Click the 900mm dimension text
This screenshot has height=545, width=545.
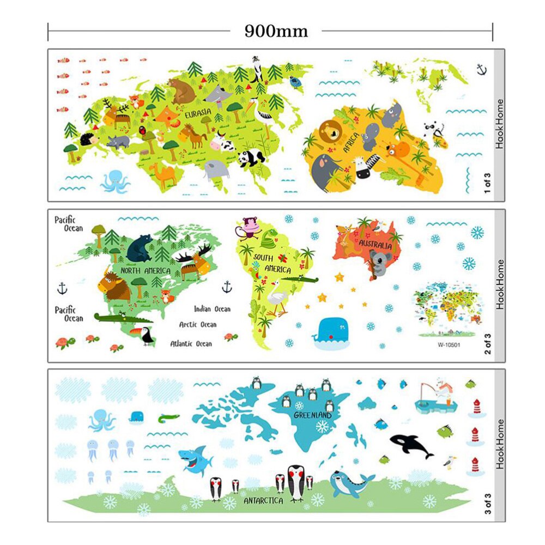[x=276, y=31]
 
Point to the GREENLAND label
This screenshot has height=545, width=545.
[x=313, y=415]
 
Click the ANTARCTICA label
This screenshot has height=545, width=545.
[x=263, y=500]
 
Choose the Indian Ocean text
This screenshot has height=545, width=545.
[x=212, y=309]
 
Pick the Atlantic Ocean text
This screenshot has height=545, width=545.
[x=191, y=344]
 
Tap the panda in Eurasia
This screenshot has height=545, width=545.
[x=251, y=158]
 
